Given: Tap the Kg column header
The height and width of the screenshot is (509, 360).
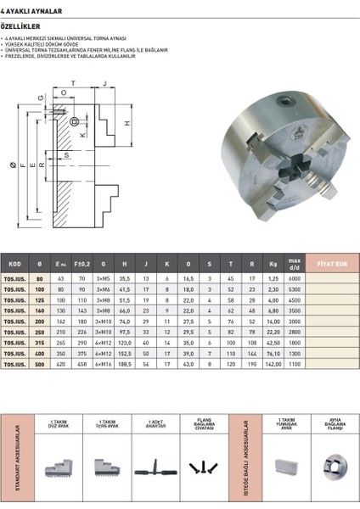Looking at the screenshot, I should coord(273,265).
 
